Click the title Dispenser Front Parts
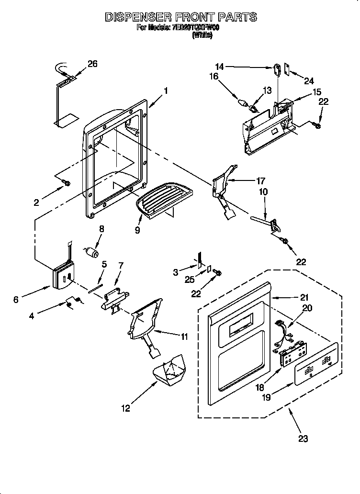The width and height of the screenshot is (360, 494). coord(180,18)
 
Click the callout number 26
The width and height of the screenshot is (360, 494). coord(92,64)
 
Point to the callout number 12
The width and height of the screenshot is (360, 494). coord(125,408)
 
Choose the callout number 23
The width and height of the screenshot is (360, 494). coord(303,438)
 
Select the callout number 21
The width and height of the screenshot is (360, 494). coord(304,297)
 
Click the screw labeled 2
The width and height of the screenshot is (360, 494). coord(66,183)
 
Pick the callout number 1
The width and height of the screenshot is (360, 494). coord(166,90)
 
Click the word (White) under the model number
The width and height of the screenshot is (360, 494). coord(202,35)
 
